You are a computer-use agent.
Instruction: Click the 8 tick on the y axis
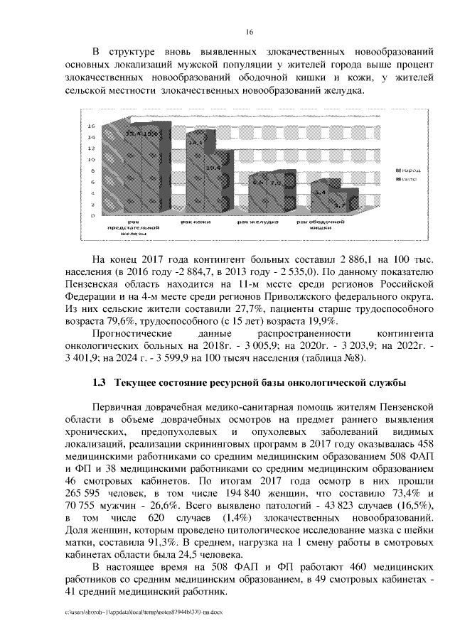point(92,171)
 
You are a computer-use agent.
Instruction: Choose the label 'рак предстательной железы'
point(133,227)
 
